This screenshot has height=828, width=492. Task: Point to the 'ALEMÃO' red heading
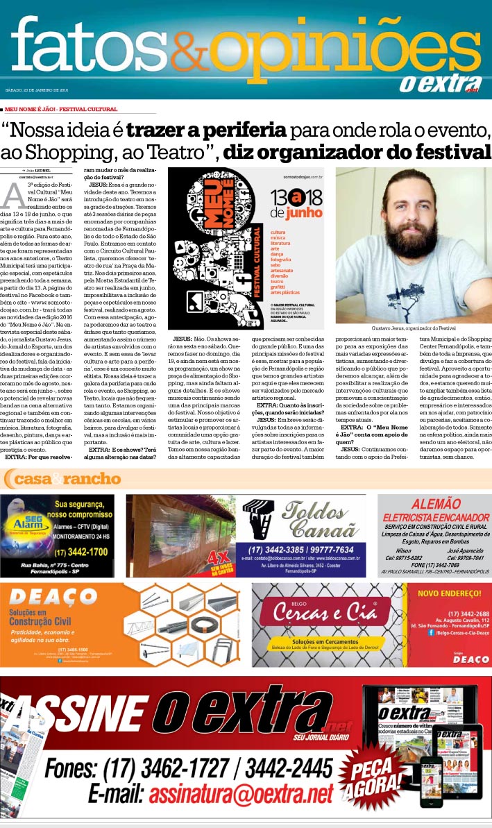[x=436, y=504]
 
